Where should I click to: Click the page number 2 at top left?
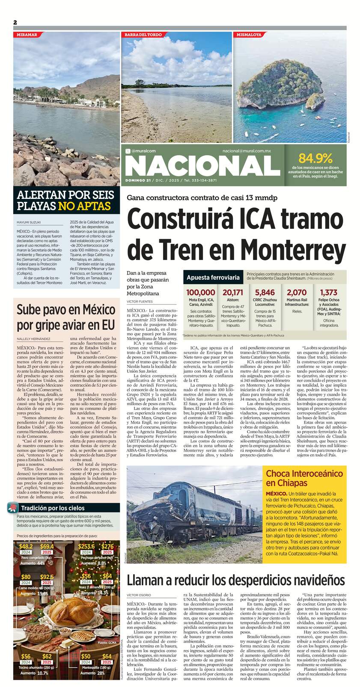click(x=15, y=22)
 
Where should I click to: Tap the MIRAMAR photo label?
click(x=27, y=34)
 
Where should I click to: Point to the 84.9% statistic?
click(x=315, y=157)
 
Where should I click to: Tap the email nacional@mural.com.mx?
click(x=247, y=151)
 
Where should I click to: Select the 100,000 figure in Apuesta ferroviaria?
click(x=200, y=292)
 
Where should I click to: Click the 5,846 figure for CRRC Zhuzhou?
click(x=265, y=292)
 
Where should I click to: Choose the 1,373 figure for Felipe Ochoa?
click(x=328, y=292)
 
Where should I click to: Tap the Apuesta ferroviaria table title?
click(x=213, y=278)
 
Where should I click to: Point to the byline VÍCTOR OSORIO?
click(x=139, y=595)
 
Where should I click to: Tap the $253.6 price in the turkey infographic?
click(x=86, y=546)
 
